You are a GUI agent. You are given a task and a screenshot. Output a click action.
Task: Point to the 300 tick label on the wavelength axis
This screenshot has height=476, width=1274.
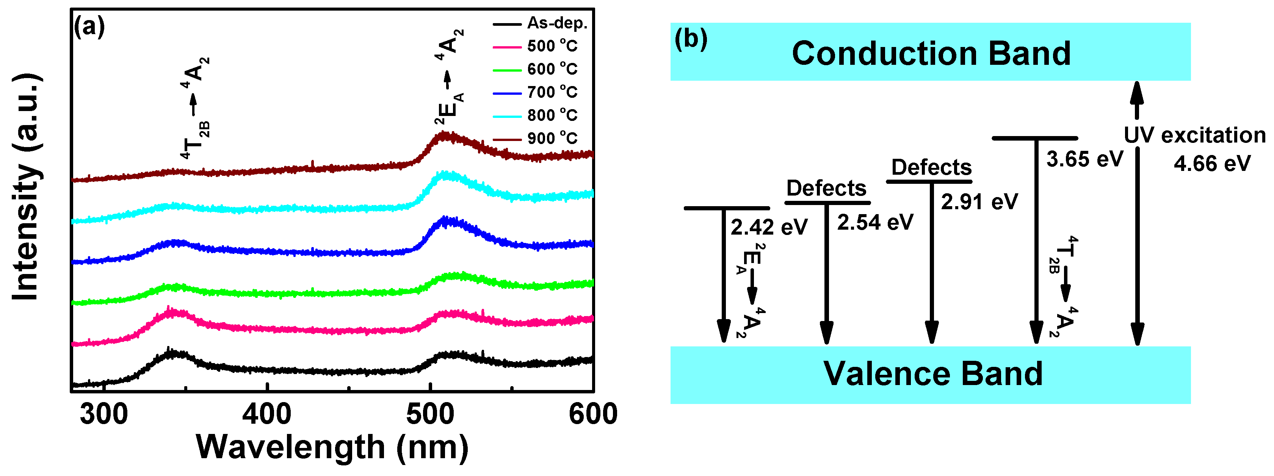click(x=104, y=414)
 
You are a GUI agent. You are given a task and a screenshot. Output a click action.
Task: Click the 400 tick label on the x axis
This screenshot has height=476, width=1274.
click(x=267, y=414)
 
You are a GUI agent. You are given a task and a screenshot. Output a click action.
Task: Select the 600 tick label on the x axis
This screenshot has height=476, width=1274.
click(x=593, y=414)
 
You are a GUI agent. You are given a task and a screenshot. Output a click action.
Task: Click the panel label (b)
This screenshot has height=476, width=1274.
click(x=691, y=39)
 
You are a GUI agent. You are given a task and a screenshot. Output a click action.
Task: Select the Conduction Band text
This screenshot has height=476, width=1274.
click(x=931, y=53)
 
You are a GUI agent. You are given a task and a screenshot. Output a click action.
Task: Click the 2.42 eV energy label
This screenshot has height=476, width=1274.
click(x=769, y=227)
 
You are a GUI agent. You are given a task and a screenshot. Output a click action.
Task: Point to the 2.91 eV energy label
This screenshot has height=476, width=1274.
click(x=979, y=202)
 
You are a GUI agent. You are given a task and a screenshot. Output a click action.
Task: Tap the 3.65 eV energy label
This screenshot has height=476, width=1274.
click(x=1084, y=159)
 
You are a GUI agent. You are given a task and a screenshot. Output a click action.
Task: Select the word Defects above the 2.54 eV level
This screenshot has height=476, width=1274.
click(x=826, y=188)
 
